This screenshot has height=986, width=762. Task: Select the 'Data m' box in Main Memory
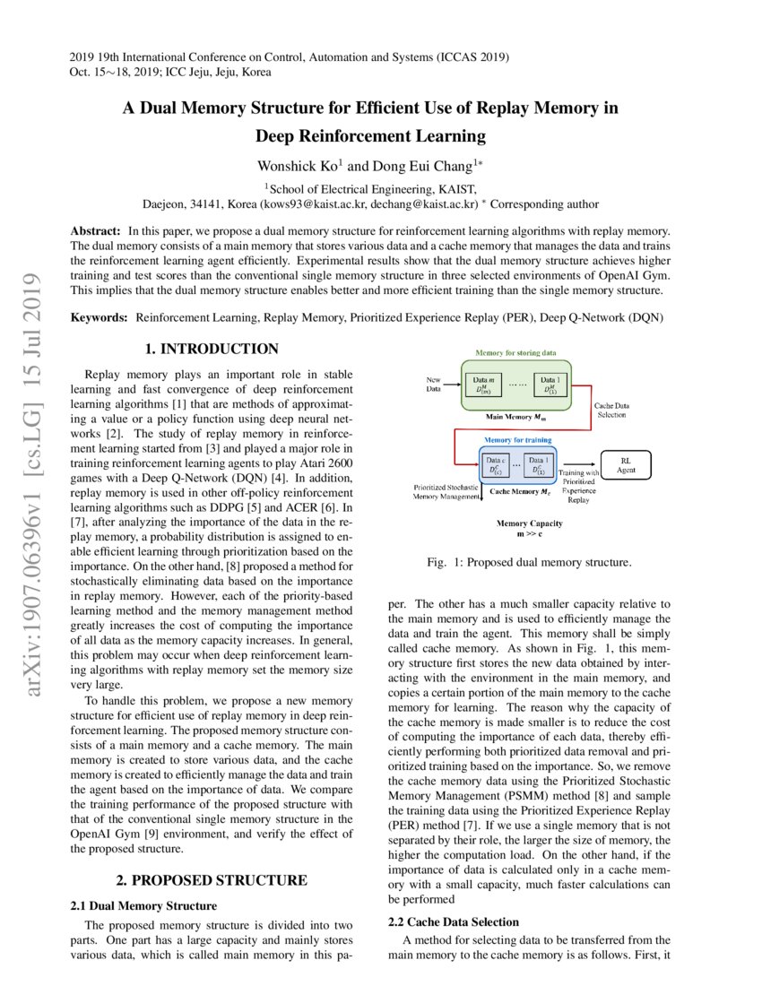pos(485,385)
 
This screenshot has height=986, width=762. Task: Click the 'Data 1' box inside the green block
pos(550,385)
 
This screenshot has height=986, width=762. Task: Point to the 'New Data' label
pos(433,384)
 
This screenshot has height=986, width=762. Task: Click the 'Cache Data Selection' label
pos(610,411)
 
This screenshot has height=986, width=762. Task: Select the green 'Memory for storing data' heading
pos(515,354)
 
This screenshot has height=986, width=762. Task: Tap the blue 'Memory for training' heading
pos(518,440)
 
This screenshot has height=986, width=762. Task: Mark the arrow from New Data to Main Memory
pos(451,385)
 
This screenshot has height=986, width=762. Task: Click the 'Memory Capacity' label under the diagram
pos(529,523)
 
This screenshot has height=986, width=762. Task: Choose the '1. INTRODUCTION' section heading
pos(212,349)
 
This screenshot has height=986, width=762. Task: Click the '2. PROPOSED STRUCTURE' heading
pos(211,879)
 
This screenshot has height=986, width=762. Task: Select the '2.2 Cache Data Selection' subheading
pos(453,921)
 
